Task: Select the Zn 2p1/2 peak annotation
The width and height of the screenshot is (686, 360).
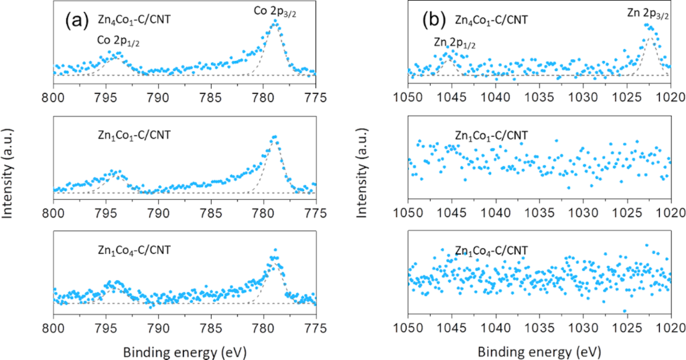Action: pyautogui.click(x=456, y=43)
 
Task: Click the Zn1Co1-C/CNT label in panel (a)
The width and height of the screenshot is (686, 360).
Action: pyautogui.click(x=133, y=135)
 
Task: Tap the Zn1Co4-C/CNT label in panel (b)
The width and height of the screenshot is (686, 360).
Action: pyautogui.click(x=491, y=251)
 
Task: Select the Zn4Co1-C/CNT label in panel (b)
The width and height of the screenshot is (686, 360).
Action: pyautogui.click(x=491, y=19)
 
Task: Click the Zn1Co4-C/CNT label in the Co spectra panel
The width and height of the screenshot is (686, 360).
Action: pyautogui.click(x=133, y=250)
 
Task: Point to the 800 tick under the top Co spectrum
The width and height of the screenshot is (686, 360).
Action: pyautogui.click(x=53, y=96)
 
